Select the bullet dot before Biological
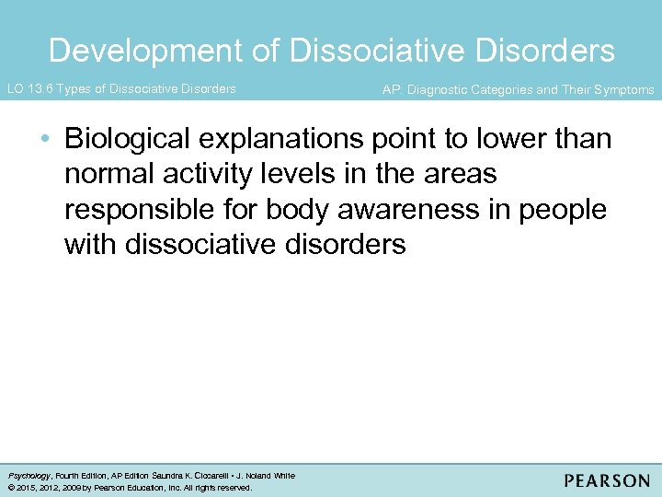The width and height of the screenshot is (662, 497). [46, 140]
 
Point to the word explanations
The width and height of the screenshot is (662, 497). [287, 139]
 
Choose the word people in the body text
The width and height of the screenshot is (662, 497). [564, 210]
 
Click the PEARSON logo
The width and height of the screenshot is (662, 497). [606, 480]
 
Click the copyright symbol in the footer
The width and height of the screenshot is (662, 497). [10, 488]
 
